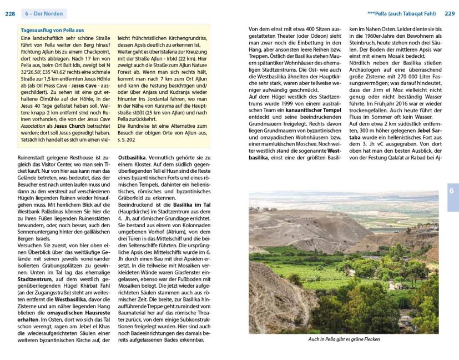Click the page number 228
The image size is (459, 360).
click(x=10, y=13)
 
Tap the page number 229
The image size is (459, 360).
click(x=449, y=13)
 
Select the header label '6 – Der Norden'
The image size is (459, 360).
click(x=44, y=13)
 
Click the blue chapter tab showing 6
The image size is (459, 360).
click(x=452, y=191)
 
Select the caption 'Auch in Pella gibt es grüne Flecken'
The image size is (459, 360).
click(x=345, y=339)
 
